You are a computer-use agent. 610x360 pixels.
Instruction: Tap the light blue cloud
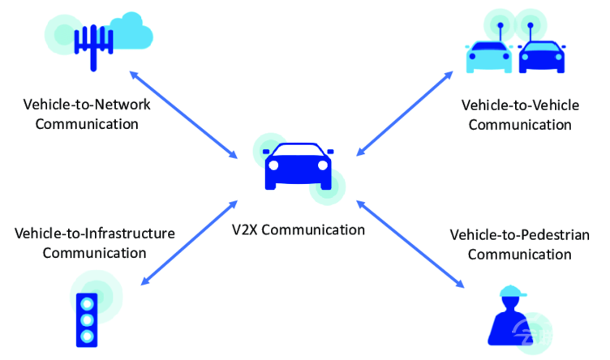tap(131, 32)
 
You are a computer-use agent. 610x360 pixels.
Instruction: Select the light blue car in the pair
tap(489, 57)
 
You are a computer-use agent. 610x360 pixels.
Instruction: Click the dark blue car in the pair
tap(542, 57)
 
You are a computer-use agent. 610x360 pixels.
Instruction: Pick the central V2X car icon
tap(299, 166)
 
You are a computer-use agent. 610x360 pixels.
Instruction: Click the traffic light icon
tap(87, 319)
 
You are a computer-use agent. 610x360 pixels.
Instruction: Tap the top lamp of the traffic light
tap(87, 303)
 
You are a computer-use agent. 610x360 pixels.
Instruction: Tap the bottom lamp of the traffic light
tap(87, 336)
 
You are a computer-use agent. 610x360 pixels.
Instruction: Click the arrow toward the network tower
tap(183, 114)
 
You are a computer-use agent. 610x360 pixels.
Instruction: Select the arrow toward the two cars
tap(405, 114)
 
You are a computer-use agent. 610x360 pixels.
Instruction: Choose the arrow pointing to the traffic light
tap(189, 243)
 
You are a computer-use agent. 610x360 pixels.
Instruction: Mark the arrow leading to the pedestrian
tap(410, 244)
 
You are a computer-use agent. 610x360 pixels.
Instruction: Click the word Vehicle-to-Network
tap(87, 105)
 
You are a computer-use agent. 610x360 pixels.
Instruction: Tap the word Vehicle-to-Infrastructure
tap(95, 234)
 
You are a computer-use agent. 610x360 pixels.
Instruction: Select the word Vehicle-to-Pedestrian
tap(520, 235)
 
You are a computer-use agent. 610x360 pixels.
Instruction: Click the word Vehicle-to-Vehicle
tap(520, 105)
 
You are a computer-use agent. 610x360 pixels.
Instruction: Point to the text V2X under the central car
tap(244, 229)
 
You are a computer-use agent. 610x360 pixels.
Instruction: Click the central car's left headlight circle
tap(273, 165)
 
